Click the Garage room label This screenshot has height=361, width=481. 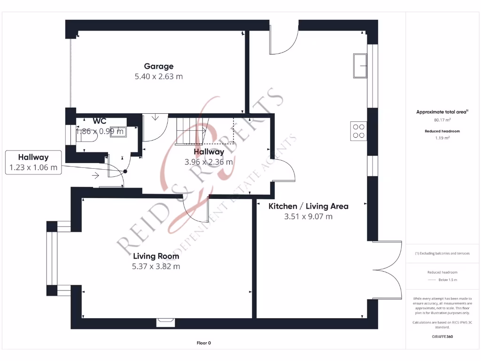pos(158,66)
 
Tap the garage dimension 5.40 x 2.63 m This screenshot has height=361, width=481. pos(158,76)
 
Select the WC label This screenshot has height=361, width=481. pos(100,121)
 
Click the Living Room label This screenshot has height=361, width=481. pos(156,256)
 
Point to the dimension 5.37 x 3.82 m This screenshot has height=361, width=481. pos(156,266)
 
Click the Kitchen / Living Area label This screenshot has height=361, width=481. pos(308,206)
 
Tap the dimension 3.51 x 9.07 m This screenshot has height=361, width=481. pos(308,216)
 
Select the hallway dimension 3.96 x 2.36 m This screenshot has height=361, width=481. pos(209,162)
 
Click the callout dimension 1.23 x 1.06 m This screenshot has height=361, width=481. pos(33,167)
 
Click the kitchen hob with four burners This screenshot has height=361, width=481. pos(358,130)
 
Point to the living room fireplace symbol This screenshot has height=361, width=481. pos(166,322)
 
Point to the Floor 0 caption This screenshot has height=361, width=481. pos(203,343)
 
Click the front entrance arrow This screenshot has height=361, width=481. pos(95,175)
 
